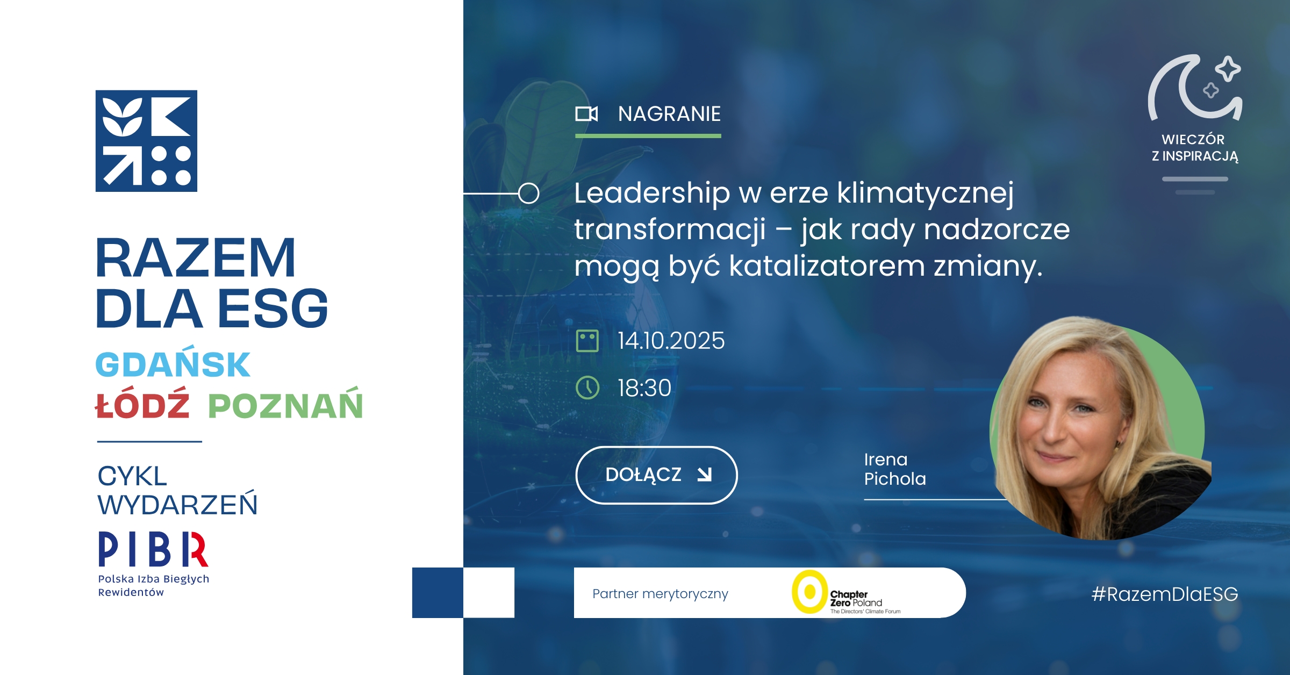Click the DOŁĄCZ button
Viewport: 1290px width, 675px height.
656,475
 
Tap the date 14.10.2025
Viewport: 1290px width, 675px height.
671,341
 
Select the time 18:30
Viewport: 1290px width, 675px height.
644,388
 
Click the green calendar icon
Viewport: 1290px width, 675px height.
587,341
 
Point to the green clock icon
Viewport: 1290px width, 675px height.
587,387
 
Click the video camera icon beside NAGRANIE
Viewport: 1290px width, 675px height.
586,114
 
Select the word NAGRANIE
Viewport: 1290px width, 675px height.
669,114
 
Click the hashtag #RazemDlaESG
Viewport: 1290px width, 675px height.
1165,594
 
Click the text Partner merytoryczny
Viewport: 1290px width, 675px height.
660,594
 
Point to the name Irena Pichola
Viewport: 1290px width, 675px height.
895,469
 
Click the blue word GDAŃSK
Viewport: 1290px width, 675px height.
173,364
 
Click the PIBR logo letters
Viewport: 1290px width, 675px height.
153,549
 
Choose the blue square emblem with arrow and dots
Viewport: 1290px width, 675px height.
146,141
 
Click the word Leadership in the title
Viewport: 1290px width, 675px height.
652,193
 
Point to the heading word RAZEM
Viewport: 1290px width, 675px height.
195,258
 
